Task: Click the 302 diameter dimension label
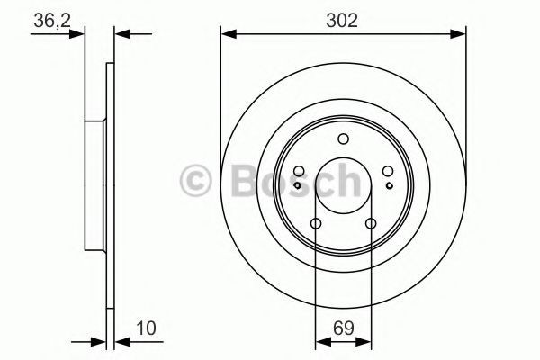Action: point(342,19)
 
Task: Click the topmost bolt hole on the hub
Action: point(343,139)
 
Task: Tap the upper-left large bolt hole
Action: point(299,172)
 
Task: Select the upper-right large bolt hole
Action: point(387,172)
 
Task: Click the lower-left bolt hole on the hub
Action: point(316,224)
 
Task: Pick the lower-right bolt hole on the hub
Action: point(370,224)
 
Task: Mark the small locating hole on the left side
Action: point(301,184)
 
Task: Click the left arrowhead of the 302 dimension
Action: point(227,35)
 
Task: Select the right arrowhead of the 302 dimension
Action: point(460,35)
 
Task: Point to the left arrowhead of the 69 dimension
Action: point(320,341)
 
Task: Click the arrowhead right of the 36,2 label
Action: point(122,35)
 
